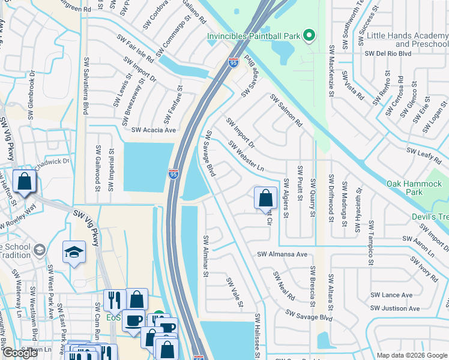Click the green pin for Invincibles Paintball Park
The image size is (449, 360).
point(309,36)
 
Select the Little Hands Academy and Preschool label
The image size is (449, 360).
point(407,40)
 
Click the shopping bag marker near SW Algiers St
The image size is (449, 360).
point(265,197)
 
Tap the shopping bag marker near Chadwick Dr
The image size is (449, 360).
point(24,182)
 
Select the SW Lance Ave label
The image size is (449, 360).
point(391,295)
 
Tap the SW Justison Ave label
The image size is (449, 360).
point(396,309)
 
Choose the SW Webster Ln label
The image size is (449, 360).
point(246,156)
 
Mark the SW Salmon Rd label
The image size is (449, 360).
point(286,110)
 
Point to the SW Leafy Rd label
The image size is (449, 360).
point(424,154)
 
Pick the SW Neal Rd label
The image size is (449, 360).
point(284,286)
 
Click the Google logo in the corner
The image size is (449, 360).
point(20,353)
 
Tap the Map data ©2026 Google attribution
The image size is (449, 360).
point(412,355)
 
